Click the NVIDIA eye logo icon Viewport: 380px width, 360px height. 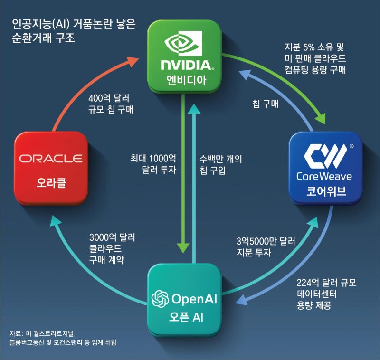point(184,45)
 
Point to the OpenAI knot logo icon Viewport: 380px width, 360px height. point(160,299)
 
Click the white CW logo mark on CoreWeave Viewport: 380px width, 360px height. point(324,157)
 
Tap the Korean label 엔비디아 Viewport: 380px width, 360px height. point(184,79)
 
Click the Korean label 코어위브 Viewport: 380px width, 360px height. point(325,192)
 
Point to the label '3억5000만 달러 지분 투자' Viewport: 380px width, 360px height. point(266,247)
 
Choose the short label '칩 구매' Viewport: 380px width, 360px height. point(264,104)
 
